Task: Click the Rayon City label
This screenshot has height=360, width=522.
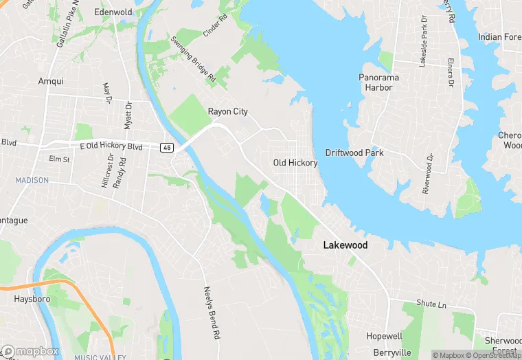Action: pos(228,111)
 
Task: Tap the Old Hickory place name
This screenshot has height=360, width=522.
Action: pos(295,163)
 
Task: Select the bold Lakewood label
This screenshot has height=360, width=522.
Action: pos(345,245)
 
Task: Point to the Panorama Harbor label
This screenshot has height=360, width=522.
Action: pos(378,82)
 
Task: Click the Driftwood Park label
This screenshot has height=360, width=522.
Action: pos(354,153)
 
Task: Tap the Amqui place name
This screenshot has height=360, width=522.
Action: pos(50,81)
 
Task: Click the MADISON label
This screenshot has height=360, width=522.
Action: pos(32,180)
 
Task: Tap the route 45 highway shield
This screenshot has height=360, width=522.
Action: pos(168,148)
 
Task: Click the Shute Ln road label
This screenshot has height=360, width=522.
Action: pos(431,303)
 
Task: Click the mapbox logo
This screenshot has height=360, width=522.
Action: pos(30,351)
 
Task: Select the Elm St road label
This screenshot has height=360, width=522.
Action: pos(59,159)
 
